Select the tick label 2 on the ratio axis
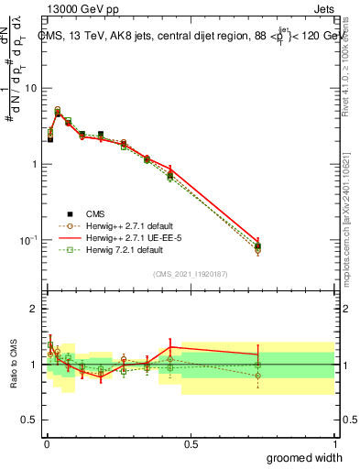click(35, 309)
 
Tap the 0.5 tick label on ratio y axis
click(29, 421)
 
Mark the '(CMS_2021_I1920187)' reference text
click(191, 273)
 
